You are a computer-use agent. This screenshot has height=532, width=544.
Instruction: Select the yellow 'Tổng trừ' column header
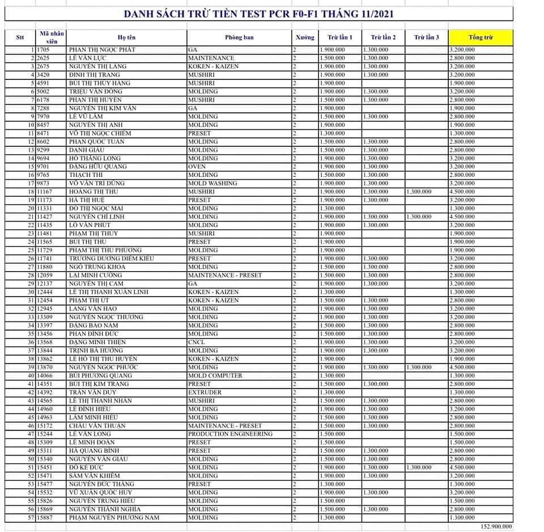tap(481, 37)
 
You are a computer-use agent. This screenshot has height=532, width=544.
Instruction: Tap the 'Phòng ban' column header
tap(239, 37)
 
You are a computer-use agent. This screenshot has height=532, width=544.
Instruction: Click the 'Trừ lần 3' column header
tap(426, 37)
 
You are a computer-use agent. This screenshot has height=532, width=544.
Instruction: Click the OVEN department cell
tap(198, 167)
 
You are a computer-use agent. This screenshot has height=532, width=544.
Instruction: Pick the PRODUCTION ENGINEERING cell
tap(230, 434)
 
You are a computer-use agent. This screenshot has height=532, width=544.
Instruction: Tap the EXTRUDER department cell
tap(205, 392)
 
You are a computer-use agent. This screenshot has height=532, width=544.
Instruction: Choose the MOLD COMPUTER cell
tap(215, 375)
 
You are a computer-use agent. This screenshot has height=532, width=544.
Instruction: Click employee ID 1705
tap(44, 50)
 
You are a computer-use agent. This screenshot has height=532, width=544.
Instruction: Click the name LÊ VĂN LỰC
tap(88, 58)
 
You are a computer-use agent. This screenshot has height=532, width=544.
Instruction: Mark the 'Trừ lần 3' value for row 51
tap(418, 467)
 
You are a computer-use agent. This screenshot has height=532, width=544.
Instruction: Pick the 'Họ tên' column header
tap(126, 37)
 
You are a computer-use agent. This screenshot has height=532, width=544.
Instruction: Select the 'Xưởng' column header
tap(304, 37)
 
